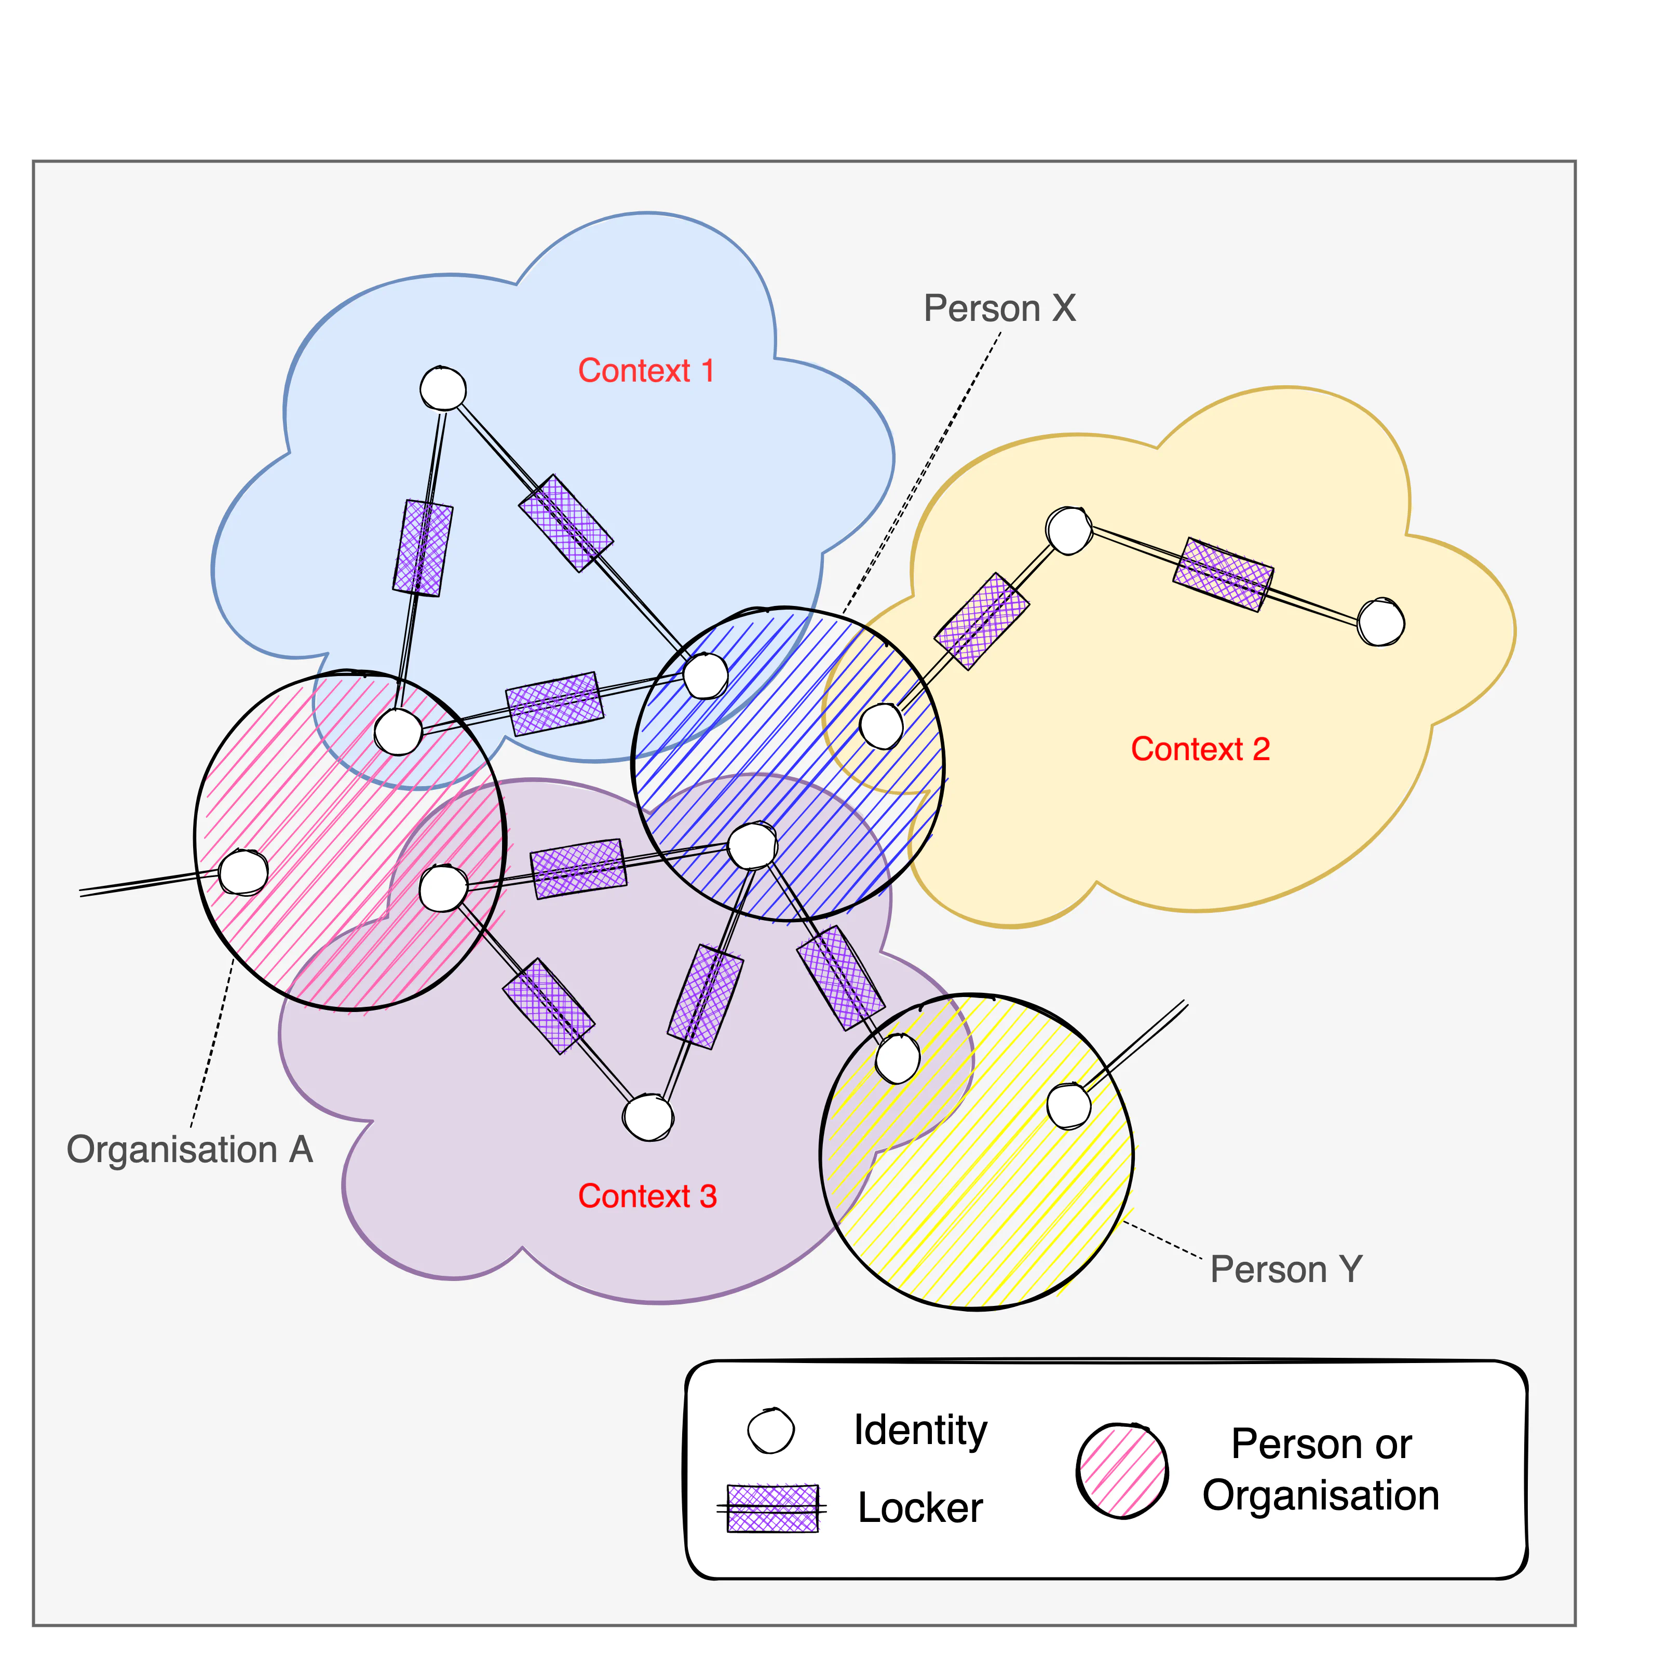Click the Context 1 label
point(645,371)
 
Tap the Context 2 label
point(1200,749)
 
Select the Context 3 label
point(647,1196)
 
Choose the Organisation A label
point(189,1150)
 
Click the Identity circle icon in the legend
point(771,1431)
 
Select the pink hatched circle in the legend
point(1122,1470)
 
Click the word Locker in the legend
point(920,1509)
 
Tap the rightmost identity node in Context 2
point(1380,623)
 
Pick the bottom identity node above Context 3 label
point(648,1117)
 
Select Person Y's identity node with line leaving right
point(1068,1106)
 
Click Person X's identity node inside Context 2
point(882,725)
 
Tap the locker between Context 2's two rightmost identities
point(1223,574)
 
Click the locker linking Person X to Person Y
point(840,977)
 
